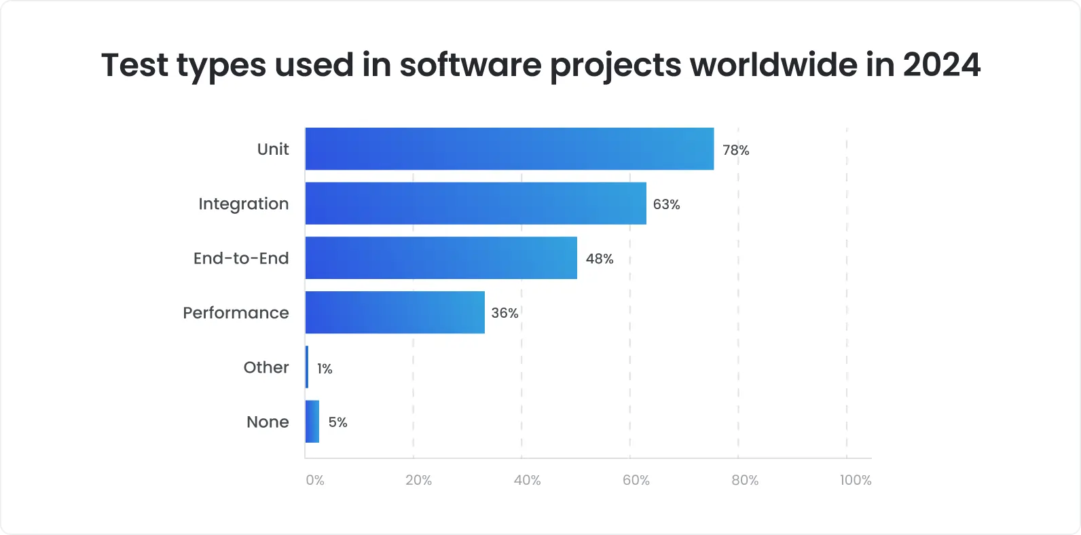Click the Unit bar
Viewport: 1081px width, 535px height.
pyautogui.click(x=509, y=149)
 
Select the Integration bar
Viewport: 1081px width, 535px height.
pyautogui.click(x=475, y=203)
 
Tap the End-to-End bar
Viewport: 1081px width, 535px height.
pyautogui.click(x=441, y=258)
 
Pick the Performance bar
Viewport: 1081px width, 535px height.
pyautogui.click(x=395, y=312)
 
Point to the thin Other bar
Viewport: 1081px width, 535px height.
pyautogui.click(x=307, y=367)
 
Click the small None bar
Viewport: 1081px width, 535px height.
pyautogui.click(x=312, y=422)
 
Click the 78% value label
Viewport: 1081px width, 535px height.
pyautogui.click(x=735, y=150)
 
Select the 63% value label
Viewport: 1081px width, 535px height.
pyautogui.click(x=666, y=204)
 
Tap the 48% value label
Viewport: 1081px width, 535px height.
pyautogui.click(x=600, y=259)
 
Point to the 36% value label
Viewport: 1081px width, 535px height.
pyautogui.click(x=505, y=313)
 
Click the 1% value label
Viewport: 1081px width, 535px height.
pyautogui.click(x=325, y=369)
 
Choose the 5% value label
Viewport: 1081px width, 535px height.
pyautogui.click(x=337, y=422)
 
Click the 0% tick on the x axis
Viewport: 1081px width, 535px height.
pyautogui.click(x=315, y=480)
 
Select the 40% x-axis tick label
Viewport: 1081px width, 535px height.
pyautogui.click(x=528, y=480)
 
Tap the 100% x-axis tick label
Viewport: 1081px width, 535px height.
pyautogui.click(x=855, y=480)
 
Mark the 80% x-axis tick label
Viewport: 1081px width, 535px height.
pyautogui.click(x=745, y=480)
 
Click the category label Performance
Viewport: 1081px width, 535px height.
pyautogui.click(x=236, y=313)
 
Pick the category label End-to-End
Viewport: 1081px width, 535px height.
pyautogui.click(x=241, y=259)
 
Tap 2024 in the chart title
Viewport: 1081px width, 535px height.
pyautogui.click(x=942, y=65)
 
